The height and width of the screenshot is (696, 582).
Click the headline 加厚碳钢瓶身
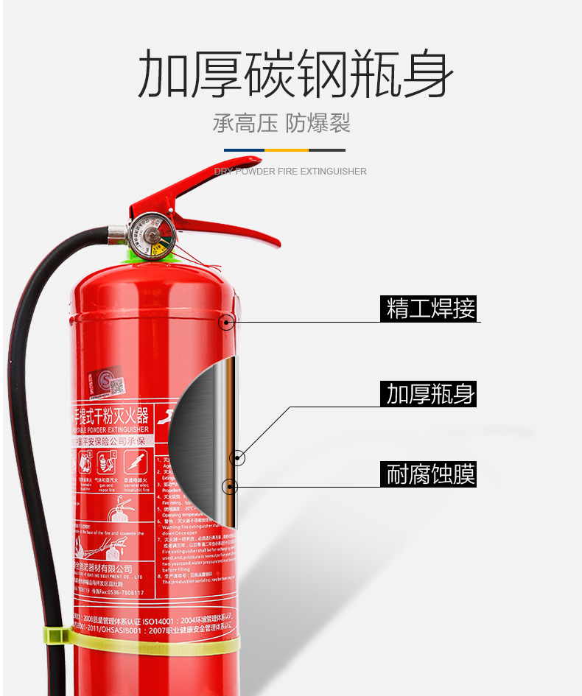coord(295,74)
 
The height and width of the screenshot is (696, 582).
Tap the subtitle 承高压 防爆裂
coord(281,123)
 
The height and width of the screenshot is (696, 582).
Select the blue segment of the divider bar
coord(245,150)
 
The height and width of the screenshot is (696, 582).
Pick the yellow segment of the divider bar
coord(287,150)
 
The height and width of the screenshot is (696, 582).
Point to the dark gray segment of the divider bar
coord(327,150)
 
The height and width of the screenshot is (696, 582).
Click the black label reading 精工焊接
coord(431,308)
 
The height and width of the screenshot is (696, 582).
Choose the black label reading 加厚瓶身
coord(431,394)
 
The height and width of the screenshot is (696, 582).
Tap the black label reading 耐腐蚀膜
coord(431,474)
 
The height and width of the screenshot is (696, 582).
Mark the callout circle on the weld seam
coord(227,322)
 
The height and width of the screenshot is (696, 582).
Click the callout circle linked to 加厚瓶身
coord(237,458)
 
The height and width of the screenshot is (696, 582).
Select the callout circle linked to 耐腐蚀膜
coord(230,486)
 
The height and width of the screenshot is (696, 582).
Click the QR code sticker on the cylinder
coord(116,386)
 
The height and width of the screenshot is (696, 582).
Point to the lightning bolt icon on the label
coord(133,462)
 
